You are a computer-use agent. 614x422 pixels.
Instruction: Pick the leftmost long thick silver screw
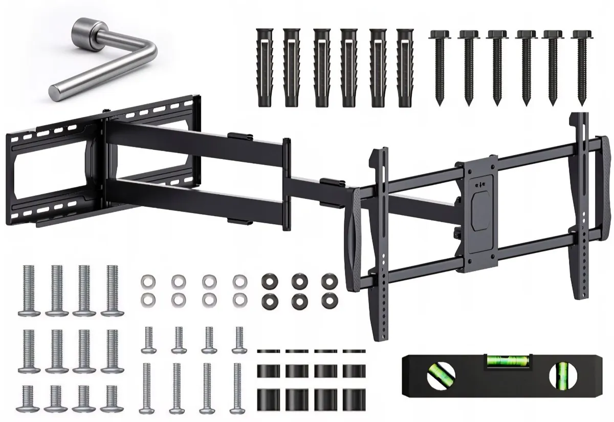(29, 290)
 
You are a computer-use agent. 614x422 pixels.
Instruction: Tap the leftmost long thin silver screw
(147, 387)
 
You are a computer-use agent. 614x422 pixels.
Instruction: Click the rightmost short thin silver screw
(238, 340)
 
